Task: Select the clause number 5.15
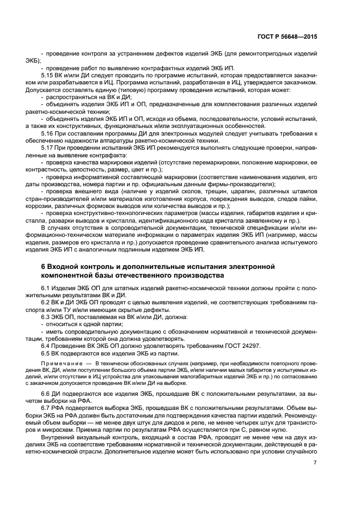pos(47,75)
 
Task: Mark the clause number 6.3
pos(47,317)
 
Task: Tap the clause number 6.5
pos(47,353)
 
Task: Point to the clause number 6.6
pos(47,392)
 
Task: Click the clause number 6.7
pos(47,408)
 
